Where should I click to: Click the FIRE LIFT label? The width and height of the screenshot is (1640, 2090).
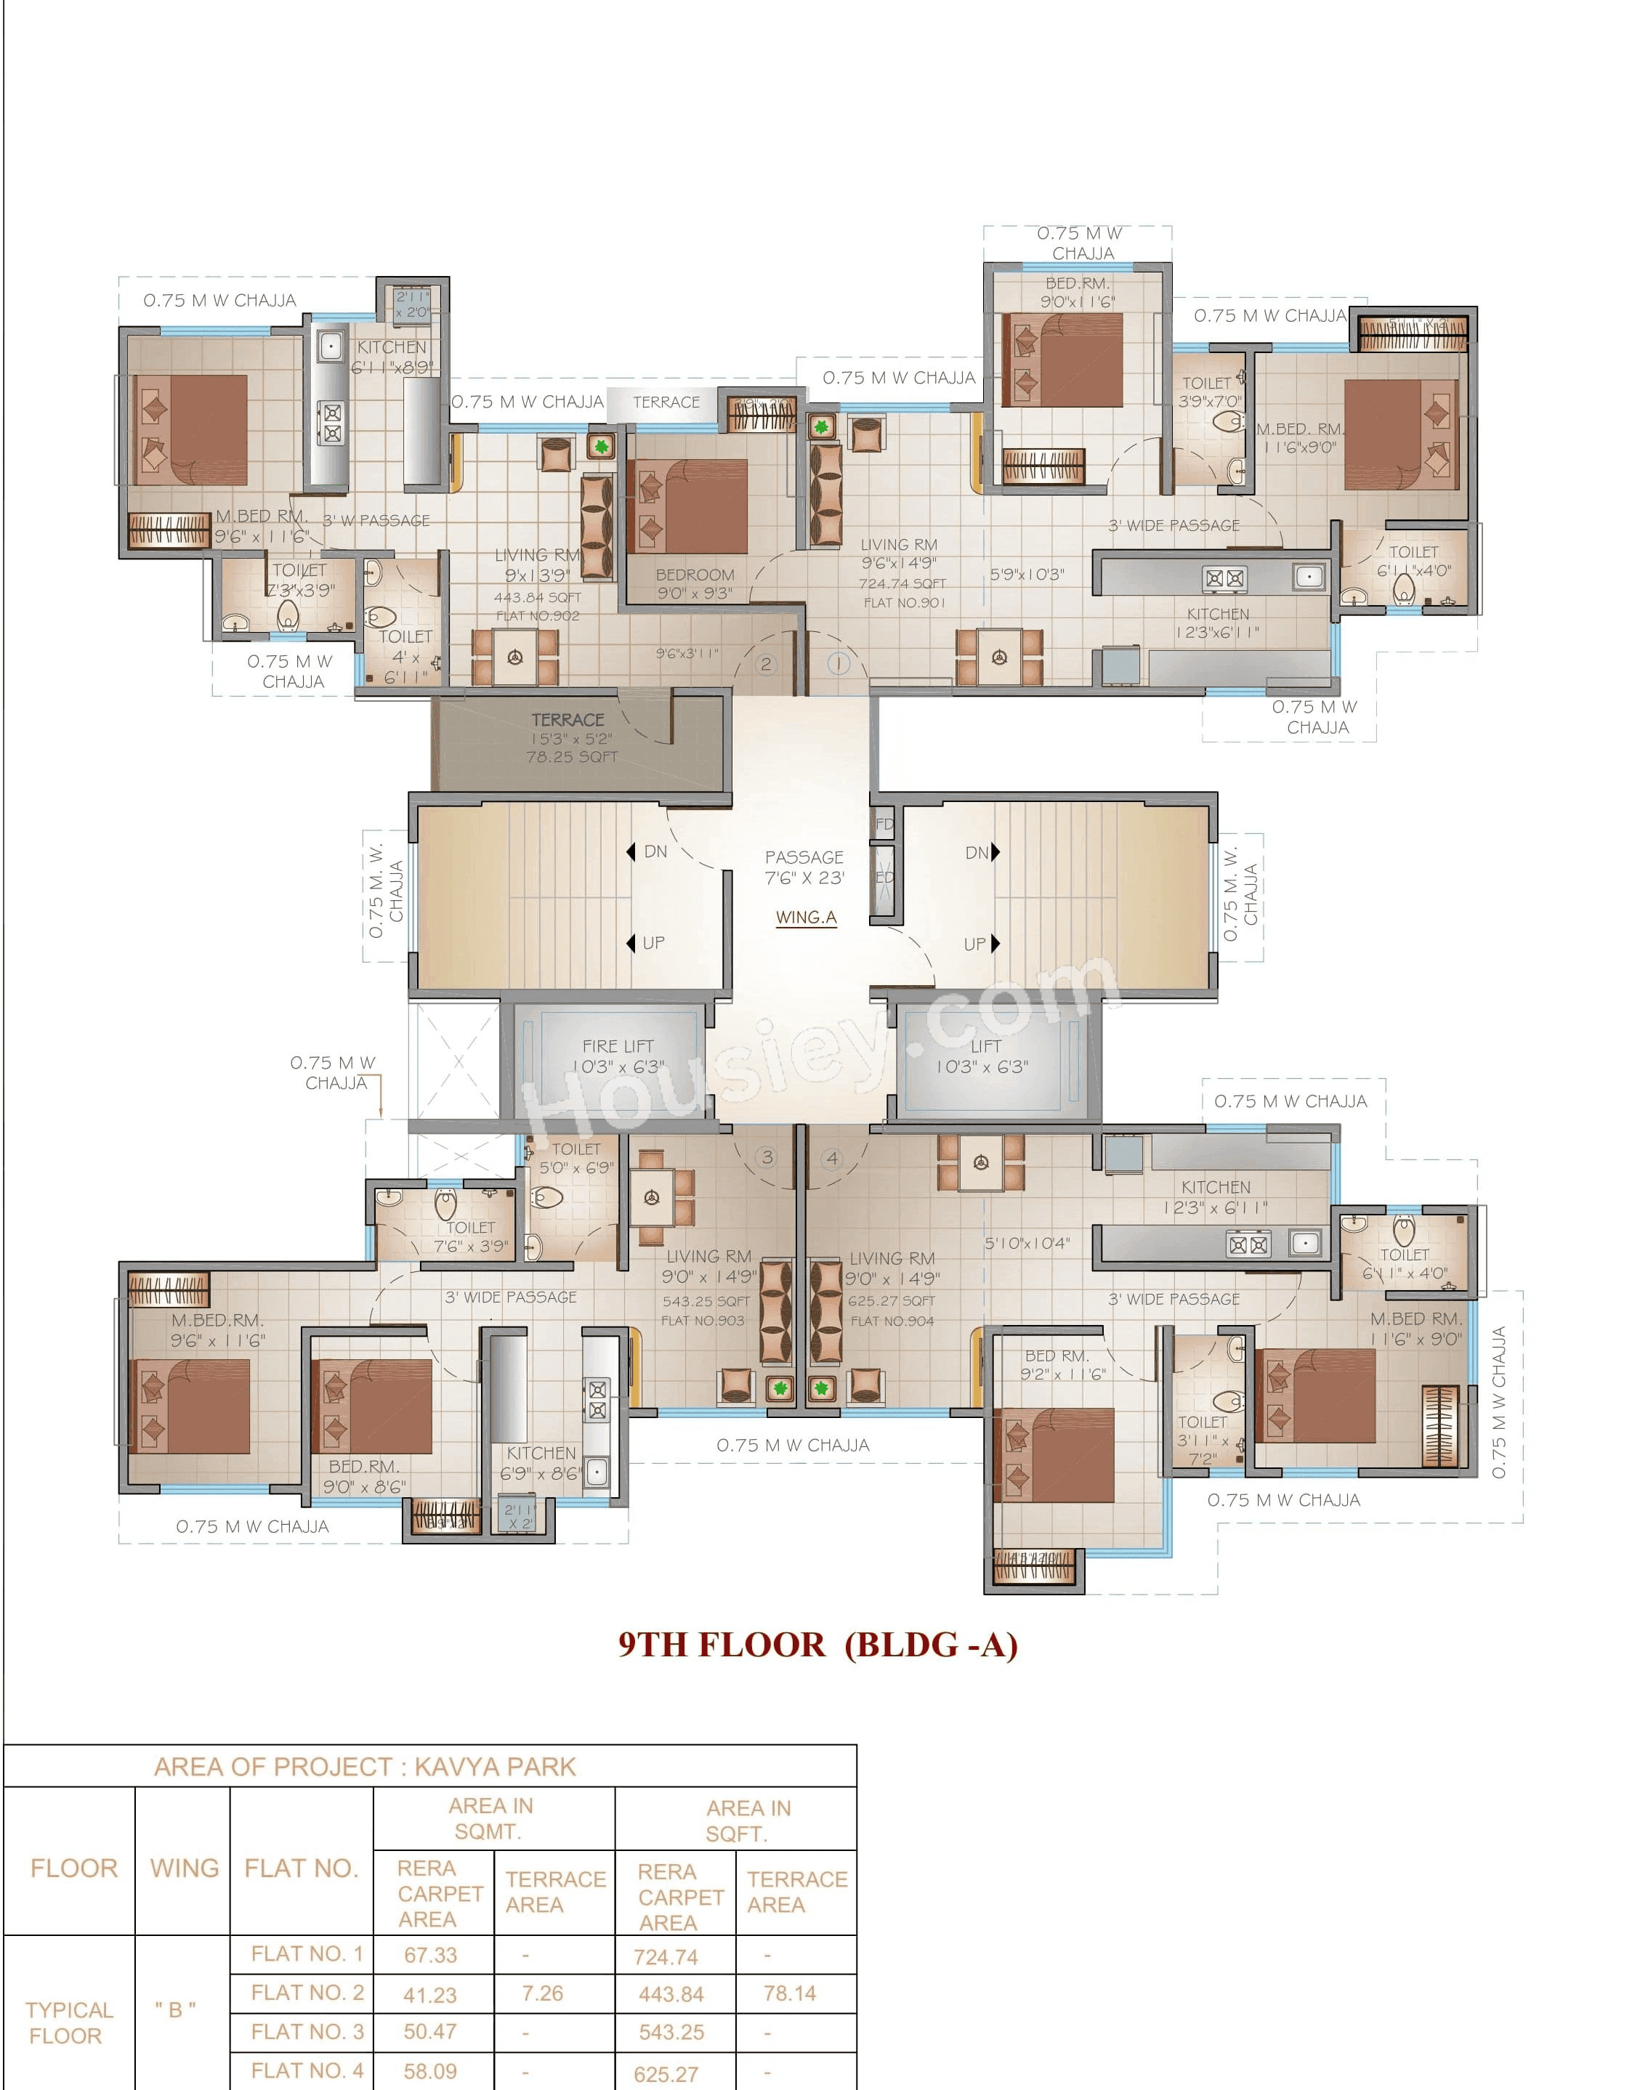click(x=618, y=1046)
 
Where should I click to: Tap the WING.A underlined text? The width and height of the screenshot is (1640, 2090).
click(x=806, y=917)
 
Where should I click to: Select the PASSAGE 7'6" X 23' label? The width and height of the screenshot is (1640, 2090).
click(x=804, y=867)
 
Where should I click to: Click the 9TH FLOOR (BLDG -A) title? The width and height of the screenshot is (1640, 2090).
click(x=817, y=1645)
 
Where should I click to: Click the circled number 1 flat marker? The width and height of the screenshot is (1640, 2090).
click(x=839, y=663)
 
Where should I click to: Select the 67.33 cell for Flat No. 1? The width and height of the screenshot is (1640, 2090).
click(x=430, y=1955)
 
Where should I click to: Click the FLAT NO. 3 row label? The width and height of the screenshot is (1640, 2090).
click(x=307, y=2031)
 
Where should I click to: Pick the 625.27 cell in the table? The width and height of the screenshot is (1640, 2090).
click(x=666, y=2074)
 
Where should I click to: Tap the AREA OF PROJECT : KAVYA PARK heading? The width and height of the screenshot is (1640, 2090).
click(x=365, y=1767)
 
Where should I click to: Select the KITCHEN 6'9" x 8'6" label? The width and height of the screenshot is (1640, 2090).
click(x=541, y=1463)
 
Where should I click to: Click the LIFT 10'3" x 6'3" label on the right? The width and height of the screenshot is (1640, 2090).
click(x=983, y=1056)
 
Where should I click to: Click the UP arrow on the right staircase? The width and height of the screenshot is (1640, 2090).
click(x=995, y=944)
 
